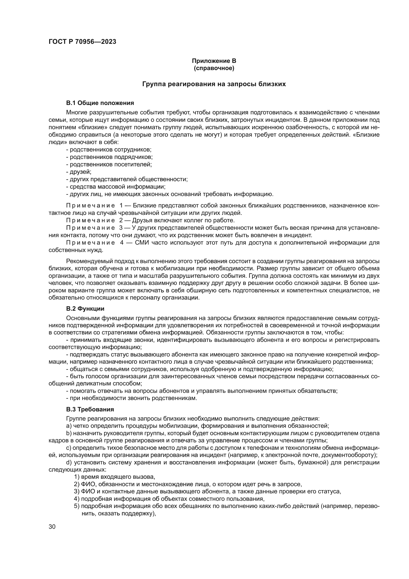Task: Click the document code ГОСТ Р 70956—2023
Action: point(82,42)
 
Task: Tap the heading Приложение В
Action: point(214,61)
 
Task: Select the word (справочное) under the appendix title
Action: point(214,68)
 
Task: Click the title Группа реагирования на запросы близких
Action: point(214,84)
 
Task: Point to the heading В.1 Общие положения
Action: point(100,103)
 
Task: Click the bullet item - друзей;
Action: point(79,172)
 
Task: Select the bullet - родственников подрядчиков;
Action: point(109,157)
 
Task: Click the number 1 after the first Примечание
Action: point(121,205)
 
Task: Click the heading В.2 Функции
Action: point(85,309)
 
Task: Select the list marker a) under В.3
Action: point(69,426)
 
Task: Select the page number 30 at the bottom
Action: point(52,527)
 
